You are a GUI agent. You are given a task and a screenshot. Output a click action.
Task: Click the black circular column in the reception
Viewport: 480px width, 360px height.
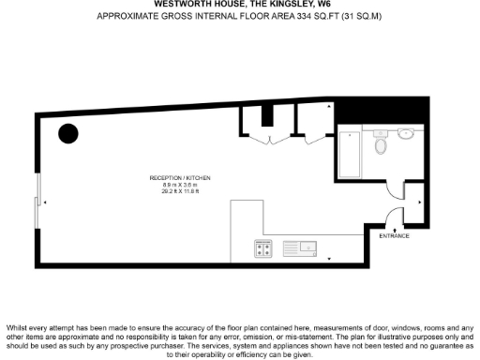point(68,133)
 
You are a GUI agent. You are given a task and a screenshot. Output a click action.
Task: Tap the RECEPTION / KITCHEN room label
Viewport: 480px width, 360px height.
point(179,178)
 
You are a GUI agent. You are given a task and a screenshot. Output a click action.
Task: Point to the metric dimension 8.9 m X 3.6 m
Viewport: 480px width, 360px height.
point(179,186)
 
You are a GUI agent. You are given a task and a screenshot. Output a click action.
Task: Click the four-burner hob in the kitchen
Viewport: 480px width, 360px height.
point(262,248)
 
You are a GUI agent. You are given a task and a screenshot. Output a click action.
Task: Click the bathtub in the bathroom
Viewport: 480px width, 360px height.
point(349,155)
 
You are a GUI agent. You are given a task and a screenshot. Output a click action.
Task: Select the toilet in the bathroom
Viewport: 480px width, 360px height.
point(381,145)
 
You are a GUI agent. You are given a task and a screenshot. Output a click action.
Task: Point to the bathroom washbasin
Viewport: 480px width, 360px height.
point(407,133)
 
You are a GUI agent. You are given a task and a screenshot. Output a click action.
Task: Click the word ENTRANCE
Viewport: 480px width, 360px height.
point(395,236)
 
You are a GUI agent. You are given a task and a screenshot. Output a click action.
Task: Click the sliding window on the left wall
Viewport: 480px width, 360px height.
point(37,202)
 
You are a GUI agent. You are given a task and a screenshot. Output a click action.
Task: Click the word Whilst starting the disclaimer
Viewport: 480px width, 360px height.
point(19,314)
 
